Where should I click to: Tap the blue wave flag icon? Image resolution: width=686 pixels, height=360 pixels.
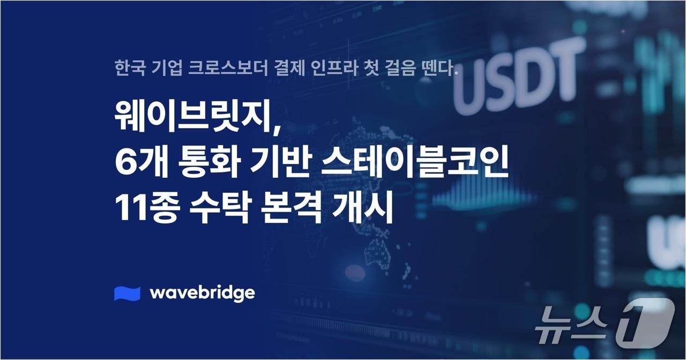(x=127, y=294)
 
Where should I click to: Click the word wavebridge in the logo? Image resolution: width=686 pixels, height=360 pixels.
(x=202, y=293)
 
